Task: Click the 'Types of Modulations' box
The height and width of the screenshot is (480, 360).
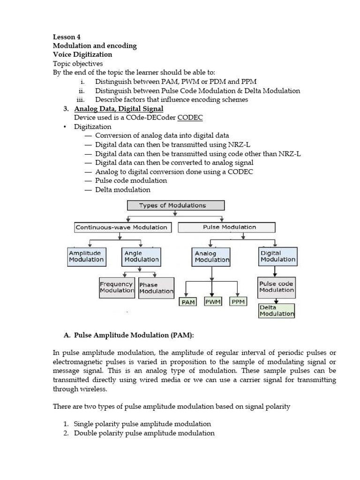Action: pos(176,205)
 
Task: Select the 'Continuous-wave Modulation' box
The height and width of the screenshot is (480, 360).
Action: pos(121,227)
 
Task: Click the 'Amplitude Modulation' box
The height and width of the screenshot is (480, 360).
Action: pos(86,256)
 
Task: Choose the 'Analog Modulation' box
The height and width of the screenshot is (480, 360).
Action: pos(212,257)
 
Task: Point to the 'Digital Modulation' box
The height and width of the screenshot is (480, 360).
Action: pos(277,256)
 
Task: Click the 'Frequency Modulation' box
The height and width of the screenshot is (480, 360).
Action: pos(117,287)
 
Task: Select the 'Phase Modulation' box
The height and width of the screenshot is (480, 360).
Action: pos(156,288)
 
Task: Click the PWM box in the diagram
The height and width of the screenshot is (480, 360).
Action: pos(214,302)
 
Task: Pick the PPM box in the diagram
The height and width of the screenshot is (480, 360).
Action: pos(238,302)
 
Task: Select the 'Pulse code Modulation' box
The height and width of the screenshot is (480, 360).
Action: pos(277,287)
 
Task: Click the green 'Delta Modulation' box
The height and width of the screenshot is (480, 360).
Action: pos(277,311)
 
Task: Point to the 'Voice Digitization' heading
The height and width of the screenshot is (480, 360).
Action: pos(82,54)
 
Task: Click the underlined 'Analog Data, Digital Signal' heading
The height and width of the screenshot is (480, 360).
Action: pos(119,109)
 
